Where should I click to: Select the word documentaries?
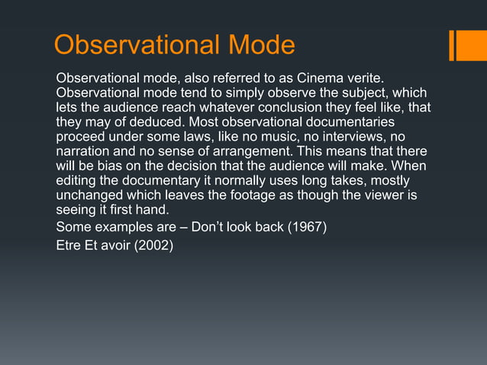click(x=348, y=122)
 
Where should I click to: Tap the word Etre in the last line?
click(x=69, y=245)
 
